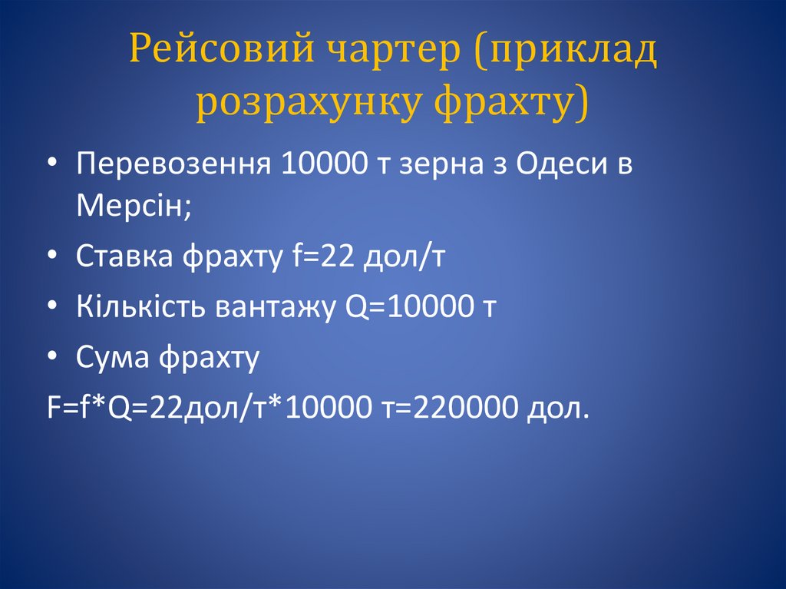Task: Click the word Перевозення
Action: (x=173, y=167)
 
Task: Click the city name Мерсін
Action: (x=129, y=206)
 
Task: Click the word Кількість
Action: (x=138, y=307)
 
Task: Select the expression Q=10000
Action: (x=401, y=308)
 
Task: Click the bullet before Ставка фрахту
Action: (x=52, y=258)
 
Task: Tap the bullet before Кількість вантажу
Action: (x=52, y=308)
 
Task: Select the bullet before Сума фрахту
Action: (x=52, y=358)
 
